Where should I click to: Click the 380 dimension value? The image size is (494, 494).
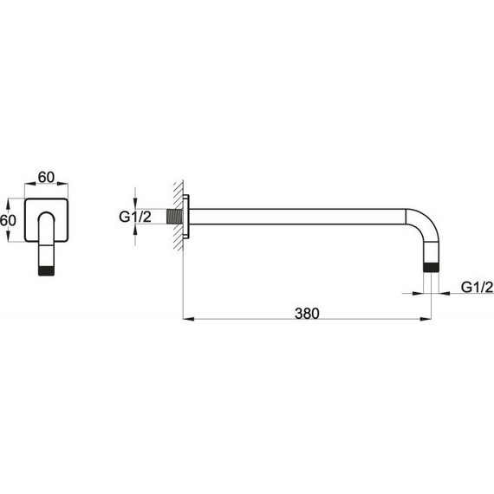[x=307, y=314]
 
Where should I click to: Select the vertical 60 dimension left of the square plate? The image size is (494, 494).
[x=8, y=220]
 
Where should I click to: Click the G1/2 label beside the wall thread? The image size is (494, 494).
[x=135, y=217]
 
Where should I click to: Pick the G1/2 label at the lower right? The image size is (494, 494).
[x=477, y=287]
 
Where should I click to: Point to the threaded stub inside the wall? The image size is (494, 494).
[x=174, y=217]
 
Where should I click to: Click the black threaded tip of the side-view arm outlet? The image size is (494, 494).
[x=431, y=267]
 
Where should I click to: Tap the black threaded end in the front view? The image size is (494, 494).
[x=46, y=271]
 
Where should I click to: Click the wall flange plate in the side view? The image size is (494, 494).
[x=185, y=217]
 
